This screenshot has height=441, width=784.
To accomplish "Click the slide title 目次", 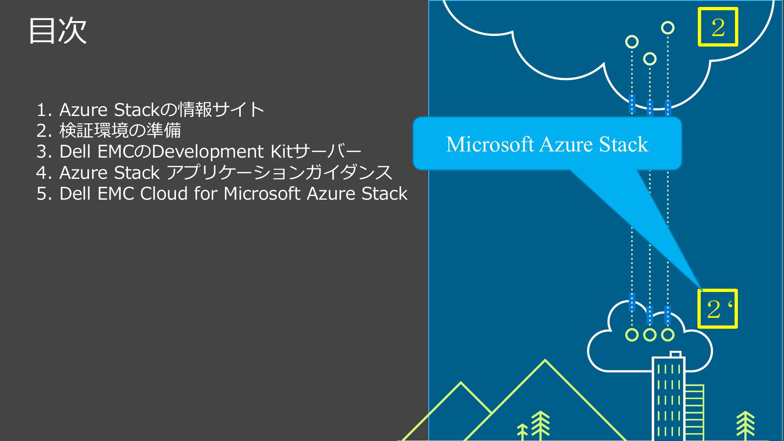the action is (58, 30).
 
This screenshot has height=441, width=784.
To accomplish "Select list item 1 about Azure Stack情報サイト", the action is (150, 109).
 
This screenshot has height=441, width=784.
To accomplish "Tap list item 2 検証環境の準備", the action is (109, 130).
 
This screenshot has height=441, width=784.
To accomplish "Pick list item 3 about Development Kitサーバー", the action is (199, 151).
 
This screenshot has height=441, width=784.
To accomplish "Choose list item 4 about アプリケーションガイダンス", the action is (214, 172).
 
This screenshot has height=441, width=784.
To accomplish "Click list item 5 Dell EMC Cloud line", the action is (222, 193).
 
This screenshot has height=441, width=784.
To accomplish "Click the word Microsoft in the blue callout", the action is (490, 144).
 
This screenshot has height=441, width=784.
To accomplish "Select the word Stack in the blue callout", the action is (624, 144).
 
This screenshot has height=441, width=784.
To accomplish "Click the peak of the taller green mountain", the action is (545, 360).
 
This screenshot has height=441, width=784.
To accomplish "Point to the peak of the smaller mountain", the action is (461, 383).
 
